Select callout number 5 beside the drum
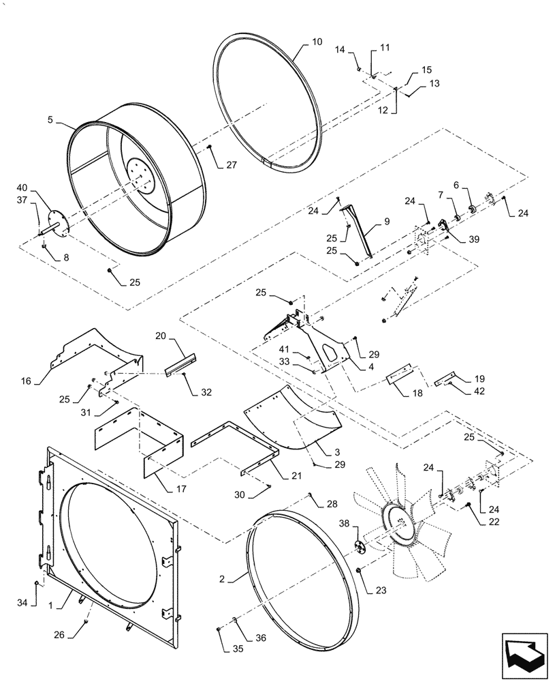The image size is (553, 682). [50, 119]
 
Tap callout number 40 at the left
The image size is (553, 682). [22, 188]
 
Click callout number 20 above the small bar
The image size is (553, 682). [160, 338]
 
